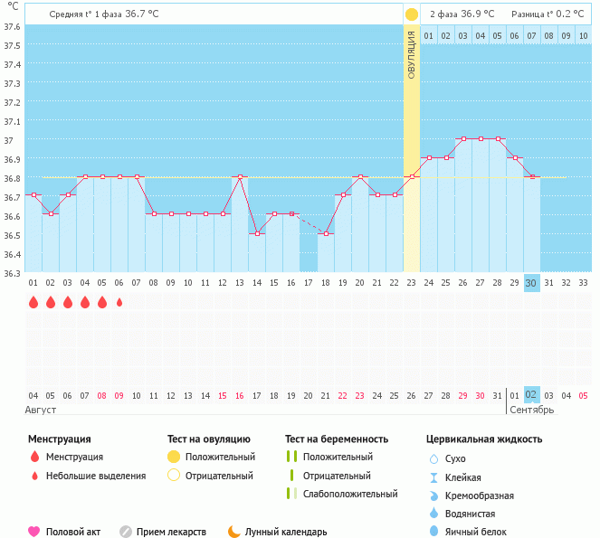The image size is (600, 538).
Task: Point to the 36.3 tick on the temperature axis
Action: pyautogui.click(x=12, y=272)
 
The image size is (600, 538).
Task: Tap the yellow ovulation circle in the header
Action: pyautogui.click(x=412, y=14)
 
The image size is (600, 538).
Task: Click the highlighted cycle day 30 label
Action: pyautogui.click(x=532, y=283)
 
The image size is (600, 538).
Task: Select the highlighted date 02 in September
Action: pyautogui.click(x=532, y=395)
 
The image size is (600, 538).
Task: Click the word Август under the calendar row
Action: pyautogui.click(x=42, y=410)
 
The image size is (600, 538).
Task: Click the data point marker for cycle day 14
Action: pyautogui.click(x=257, y=233)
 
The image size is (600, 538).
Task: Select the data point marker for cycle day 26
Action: pyautogui.click(x=463, y=139)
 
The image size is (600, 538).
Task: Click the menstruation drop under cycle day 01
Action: pyautogui.click(x=33, y=303)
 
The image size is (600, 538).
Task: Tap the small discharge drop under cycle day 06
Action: pyautogui.click(x=119, y=303)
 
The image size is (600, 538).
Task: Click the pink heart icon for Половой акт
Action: pyautogui.click(x=34, y=532)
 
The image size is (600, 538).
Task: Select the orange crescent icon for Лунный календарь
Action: pyautogui.click(x=234, y=532)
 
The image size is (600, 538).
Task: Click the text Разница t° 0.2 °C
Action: pyautogui.click(x=548, y=14)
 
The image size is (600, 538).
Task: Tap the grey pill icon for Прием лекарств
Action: pyautogui.click(x=126, y=532)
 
